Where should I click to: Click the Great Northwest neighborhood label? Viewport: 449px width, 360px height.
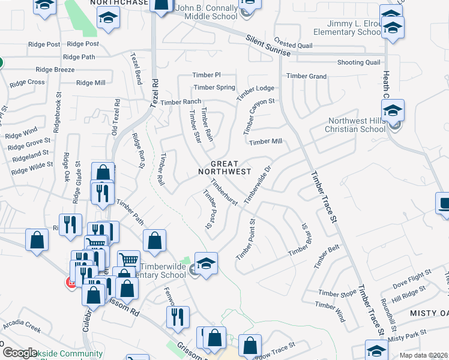(224, 167)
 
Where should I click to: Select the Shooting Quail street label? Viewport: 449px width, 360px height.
(358, 62)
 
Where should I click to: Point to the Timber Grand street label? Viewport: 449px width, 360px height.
(306, 76)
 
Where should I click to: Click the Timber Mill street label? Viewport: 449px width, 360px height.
(265, 142)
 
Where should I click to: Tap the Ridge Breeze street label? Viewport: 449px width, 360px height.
(55, 70)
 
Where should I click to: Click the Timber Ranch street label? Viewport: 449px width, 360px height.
(181, 102)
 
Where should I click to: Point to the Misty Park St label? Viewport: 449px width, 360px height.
(407, 335)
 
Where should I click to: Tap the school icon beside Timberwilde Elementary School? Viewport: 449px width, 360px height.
(206, 265)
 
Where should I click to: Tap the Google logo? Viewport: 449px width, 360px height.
(20, 353)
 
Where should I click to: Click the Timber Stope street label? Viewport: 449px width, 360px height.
(337, 293)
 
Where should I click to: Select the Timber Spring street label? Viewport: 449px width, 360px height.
(214, 88)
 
